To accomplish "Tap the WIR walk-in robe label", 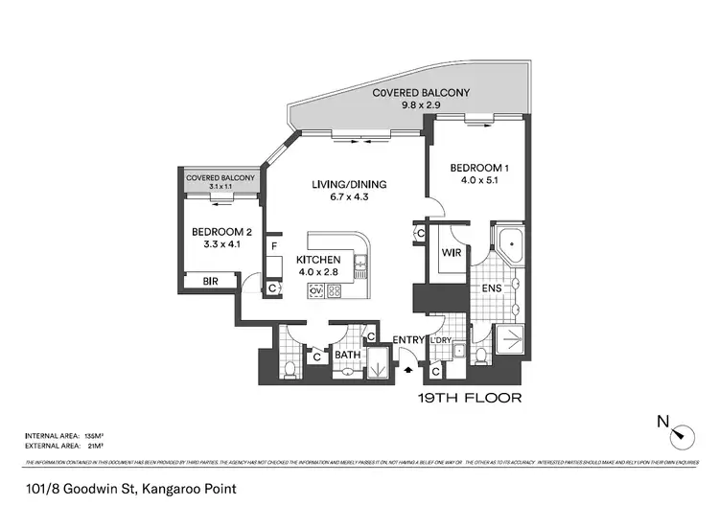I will tap(452, 253).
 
